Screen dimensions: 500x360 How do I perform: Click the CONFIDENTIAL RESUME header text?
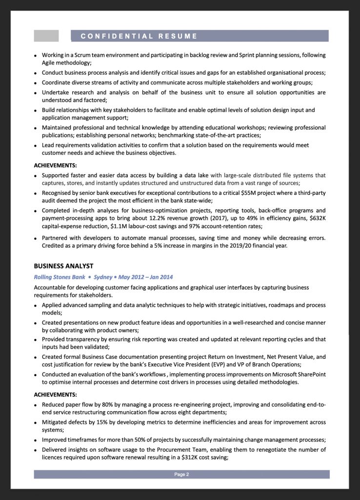point(139,36)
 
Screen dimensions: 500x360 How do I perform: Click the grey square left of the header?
point(46,36)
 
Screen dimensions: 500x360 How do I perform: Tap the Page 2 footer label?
point(181,474)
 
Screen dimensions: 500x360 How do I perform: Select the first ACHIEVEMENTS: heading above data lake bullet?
point(55,166)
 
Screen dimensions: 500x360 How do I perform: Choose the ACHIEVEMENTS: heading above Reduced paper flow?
point(55,395)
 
